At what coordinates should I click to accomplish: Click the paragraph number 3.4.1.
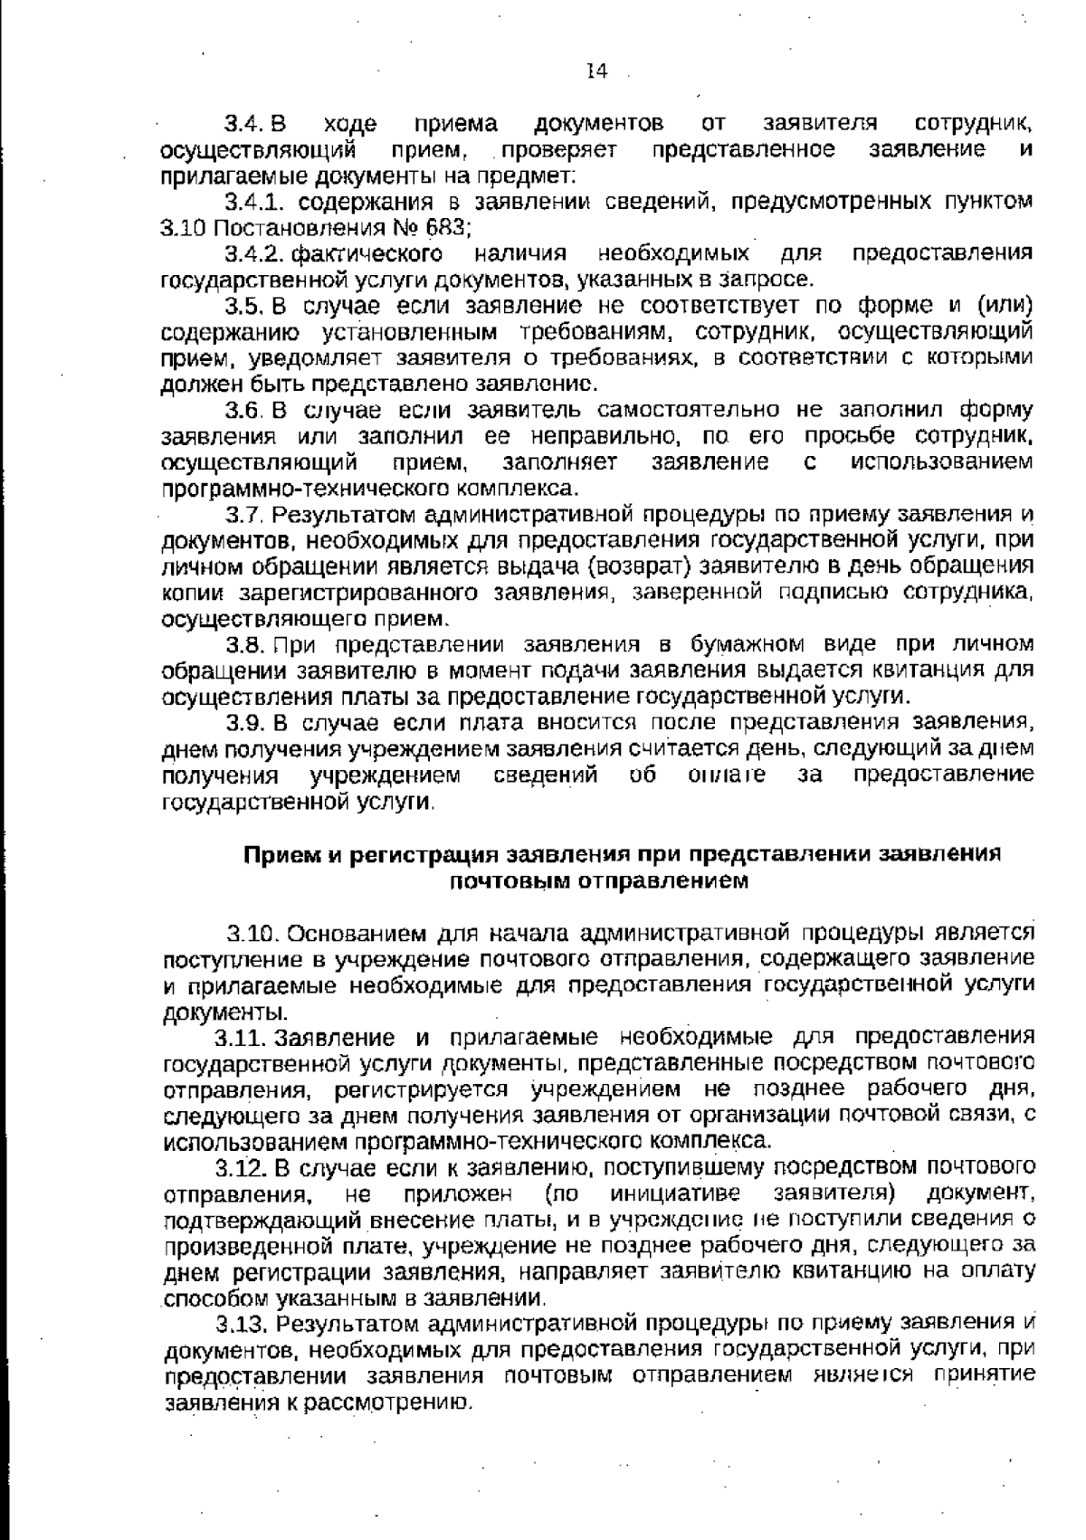[x=256, y=200]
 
